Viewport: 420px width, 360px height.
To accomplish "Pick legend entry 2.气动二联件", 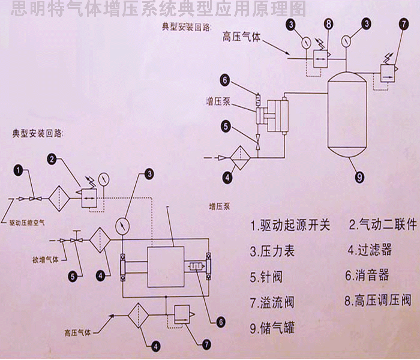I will point(382,226).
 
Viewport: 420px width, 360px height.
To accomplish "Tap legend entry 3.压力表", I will point(273,251).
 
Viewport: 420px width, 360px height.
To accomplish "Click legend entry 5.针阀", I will point(268,277).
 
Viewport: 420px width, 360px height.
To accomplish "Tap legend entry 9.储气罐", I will point(273,328).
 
